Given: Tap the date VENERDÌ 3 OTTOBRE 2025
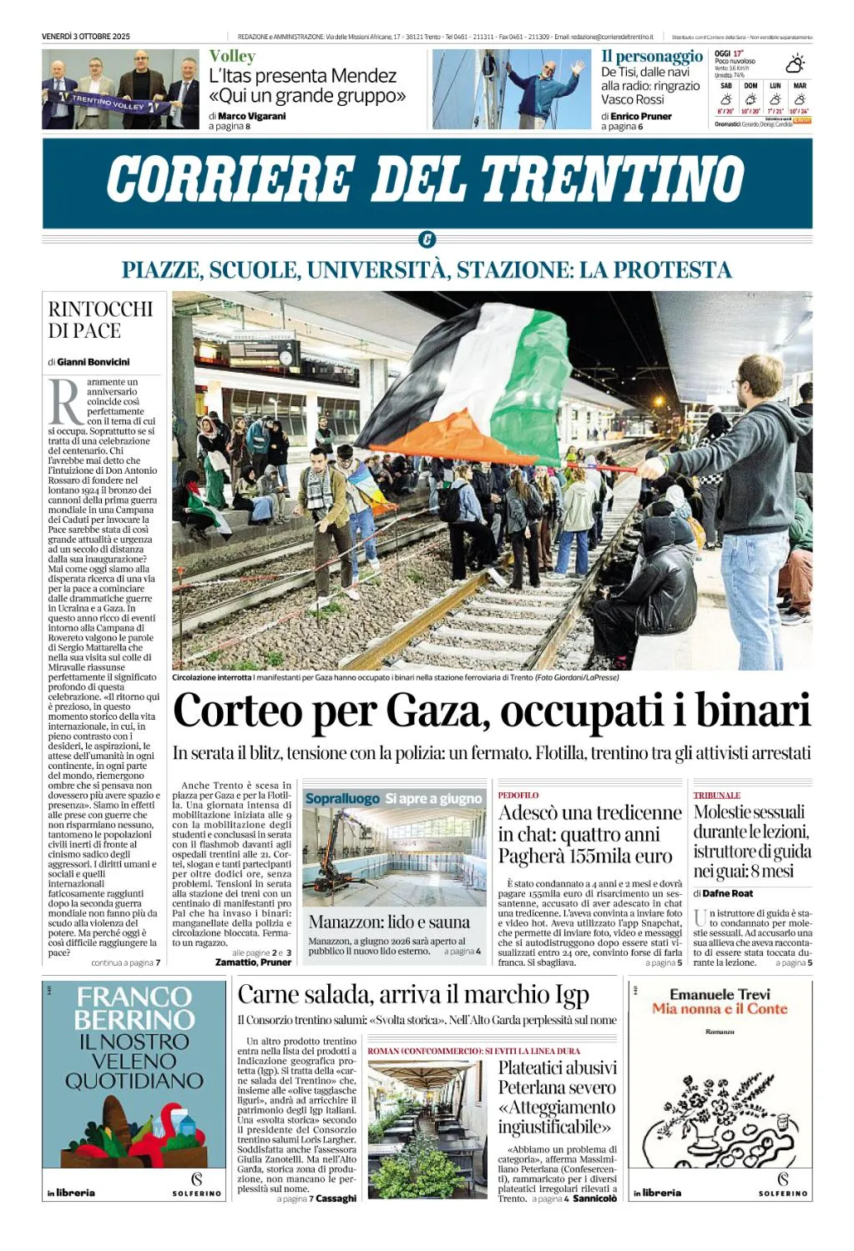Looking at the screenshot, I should (86, 37).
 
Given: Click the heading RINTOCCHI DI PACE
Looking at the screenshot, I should (100, 319).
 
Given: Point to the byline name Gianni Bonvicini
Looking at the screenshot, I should (93, 362).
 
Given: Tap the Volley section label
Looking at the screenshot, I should (232, 57).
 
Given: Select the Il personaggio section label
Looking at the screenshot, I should (652, 57).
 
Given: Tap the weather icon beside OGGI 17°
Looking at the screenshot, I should (795, 63).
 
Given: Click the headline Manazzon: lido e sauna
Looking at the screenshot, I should (389, 922).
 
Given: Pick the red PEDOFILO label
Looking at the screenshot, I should (518, 796).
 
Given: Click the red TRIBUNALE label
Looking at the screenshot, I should (716, 796).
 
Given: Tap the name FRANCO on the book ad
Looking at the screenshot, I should (134, 997).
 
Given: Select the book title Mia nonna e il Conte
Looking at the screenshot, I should (720, 1008).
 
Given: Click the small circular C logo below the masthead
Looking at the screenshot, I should (427, 240).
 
